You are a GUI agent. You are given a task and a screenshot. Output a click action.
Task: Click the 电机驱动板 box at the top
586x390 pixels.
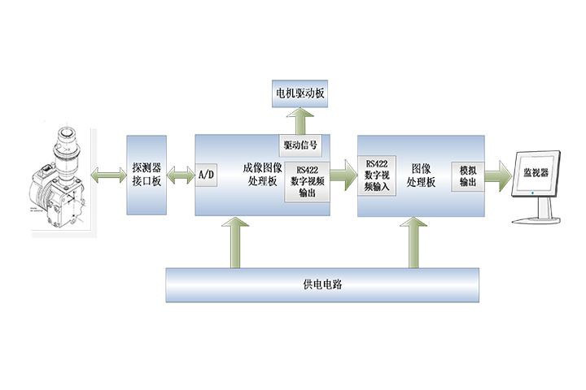coord(299,94)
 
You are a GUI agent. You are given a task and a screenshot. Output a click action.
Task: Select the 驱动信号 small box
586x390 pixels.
coord(300,145)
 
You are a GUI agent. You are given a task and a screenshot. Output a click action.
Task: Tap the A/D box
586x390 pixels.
coord(206,174)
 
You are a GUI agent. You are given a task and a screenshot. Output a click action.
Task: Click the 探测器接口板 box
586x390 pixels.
coord(147,175)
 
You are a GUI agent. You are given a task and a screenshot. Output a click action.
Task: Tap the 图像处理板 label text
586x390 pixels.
coord(422,176)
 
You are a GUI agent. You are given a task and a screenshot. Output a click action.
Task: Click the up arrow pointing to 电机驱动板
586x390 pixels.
coord(300,120)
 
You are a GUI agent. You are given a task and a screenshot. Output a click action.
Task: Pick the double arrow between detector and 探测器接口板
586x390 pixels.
coord(109,174)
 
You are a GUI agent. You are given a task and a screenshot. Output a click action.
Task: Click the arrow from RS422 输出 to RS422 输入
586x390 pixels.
coord(343,172)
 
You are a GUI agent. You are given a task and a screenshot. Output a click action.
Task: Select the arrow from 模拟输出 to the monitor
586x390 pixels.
coord(499,173)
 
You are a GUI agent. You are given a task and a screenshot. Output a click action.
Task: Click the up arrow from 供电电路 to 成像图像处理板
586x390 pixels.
coord(235,242)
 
